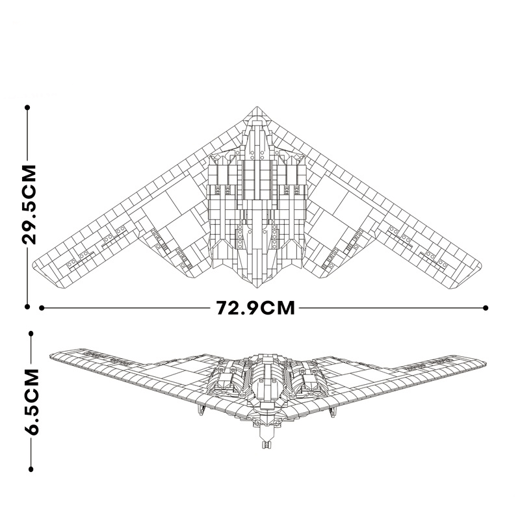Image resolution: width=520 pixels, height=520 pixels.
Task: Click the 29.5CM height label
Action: click(29, 204)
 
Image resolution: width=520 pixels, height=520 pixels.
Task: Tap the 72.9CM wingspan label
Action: click(256, 307)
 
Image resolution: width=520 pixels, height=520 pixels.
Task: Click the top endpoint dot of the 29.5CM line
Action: click(28, 109)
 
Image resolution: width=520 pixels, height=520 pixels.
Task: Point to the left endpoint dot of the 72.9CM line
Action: click(42, 307)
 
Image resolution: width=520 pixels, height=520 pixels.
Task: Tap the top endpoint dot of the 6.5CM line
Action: click(30, 333)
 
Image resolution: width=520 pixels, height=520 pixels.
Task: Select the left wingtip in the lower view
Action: click(51, 354)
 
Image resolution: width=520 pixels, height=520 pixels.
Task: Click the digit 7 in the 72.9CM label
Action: click(222, 307)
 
